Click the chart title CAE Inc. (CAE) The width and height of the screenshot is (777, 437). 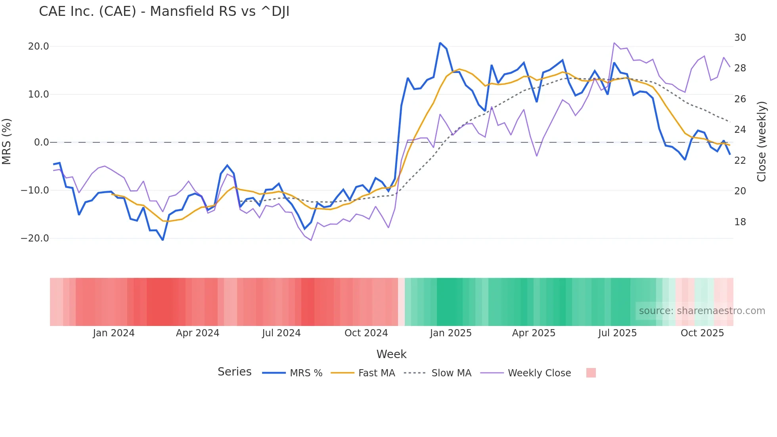(164, 11)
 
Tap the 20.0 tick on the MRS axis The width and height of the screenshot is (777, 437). (38, 46)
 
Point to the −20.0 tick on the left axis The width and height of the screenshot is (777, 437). (35, 238)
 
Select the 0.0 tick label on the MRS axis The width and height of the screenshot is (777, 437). (42, 142)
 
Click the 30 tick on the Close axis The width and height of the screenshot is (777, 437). (740, 38)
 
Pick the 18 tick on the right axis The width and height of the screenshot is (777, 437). (740, 222)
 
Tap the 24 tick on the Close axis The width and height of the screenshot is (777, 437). (740, 130)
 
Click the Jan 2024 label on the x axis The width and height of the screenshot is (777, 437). (114, 333)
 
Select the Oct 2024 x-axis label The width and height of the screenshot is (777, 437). (366, 333)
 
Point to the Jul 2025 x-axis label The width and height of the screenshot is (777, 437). (617, 333)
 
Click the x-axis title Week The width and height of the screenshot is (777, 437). (391, 354)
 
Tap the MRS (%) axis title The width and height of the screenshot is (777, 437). (7, 142)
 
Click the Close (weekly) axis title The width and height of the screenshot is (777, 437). (761, 142)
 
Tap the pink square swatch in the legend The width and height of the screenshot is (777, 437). (591, 373)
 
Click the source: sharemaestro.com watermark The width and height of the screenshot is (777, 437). (702, 311)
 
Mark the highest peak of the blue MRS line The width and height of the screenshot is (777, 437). (440, 43)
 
